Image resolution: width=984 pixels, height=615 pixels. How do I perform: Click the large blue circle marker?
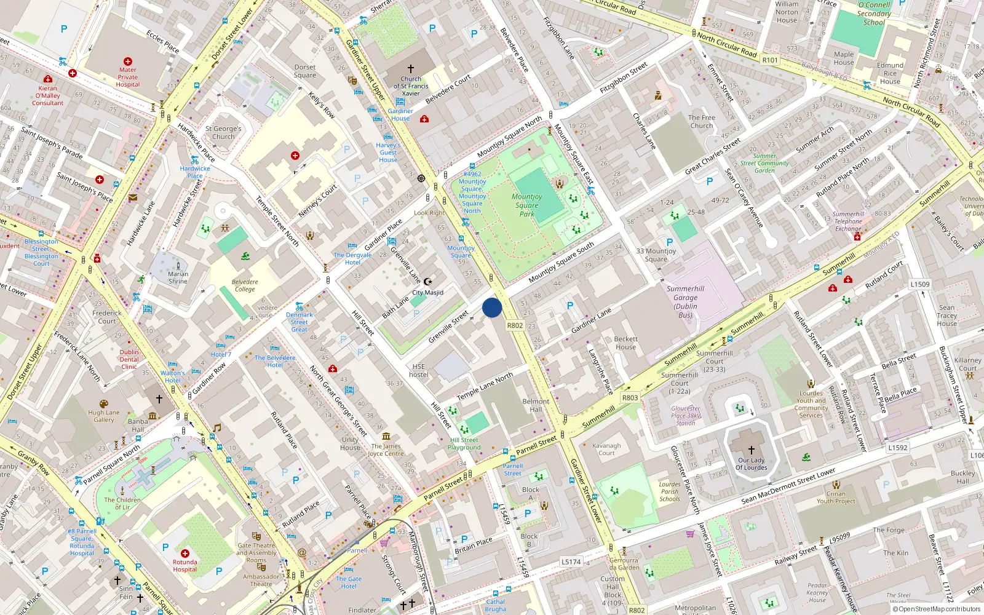pyautogui.click(x=492, y=307)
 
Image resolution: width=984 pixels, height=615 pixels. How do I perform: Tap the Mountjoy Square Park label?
pyautogui.click(x=527, y=205)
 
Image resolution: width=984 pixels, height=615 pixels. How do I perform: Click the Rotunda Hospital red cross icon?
pyautogui.click(x=185, y=553)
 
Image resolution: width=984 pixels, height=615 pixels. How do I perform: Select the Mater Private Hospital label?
pyautogui.click(x=128, y=77)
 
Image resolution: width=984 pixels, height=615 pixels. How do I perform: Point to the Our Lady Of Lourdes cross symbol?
pyautogui.click(x=751, y=450)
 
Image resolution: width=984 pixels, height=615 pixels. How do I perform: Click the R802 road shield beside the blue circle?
pyautogui.click(x=515, y=326)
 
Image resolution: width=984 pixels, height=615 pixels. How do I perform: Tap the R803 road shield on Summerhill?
pyautogui.click(x=630, y=398)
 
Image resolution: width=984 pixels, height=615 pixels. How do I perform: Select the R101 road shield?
pyautogui.click(x=770, y=60)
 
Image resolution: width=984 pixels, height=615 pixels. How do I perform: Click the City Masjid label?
pyautogui.click(x=427, y=293)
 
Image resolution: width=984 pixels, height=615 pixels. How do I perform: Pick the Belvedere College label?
pyautogui.click(x=245, y=285)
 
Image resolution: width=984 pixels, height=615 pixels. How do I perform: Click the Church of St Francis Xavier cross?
pyautogui.click(x=411, y=69)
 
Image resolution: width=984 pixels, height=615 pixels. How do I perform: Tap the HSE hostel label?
pyautogui.click(x=419, y=370)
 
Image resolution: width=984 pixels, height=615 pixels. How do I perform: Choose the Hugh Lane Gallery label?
pyautogui.click(x=104, y=416)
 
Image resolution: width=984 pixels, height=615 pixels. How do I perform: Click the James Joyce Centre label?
pyautogui.click(x=386, y=450)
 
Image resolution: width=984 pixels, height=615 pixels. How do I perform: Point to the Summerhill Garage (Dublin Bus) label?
pyautogui.click(x=685, y=301)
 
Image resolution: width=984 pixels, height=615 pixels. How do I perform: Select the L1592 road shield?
pyautogui.click(x=897, y=448)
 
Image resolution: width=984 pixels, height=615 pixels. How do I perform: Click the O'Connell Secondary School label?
pyautogui.click(x=874, y=14)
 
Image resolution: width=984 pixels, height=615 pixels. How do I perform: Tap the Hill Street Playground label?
pyautogui.click(x=464, y=443)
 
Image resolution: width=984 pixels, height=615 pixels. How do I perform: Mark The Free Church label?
pyautogui.click(x=701, y=121)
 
